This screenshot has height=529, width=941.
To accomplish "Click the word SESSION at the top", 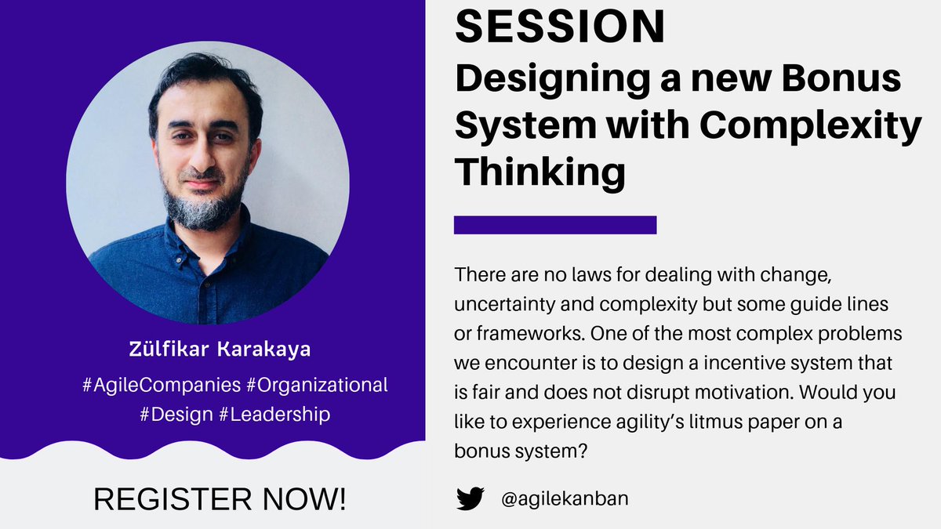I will click(x=560, y=27).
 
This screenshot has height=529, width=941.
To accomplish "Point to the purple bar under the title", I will click(x=554, y=225).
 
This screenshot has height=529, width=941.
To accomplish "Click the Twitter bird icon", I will click(x=470, y=499).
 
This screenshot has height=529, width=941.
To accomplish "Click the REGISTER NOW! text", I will click(x=220, y=499).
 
